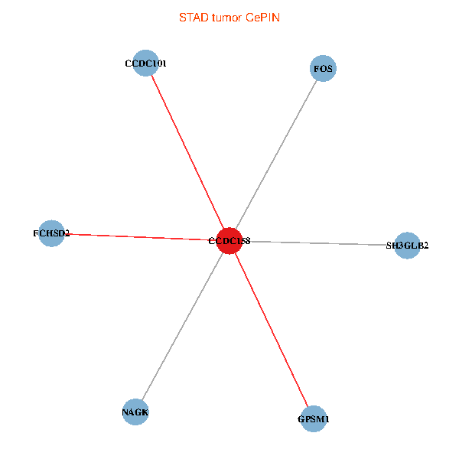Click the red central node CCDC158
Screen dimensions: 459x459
[x=229, y=241]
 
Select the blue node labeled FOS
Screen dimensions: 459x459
[x=324, y=69]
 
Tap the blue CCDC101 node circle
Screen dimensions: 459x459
[x=145, y=63]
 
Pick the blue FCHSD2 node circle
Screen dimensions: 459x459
[x=51, y=233]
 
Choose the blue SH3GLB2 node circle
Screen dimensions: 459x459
[x=407, y=246]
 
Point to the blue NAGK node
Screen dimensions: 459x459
[x=135, y=412]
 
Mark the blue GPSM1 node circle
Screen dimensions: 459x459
[x=314, y=419]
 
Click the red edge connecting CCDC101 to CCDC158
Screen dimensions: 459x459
[x=187, y=152]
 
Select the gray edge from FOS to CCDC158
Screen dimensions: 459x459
[x=276, y=155]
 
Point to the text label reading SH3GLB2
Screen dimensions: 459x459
[x=407, y=246]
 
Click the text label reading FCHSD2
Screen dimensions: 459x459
[x=51, y=233]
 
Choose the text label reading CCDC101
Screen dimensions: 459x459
[x=145, y=63]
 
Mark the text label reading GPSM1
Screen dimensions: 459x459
[x=314, y=419]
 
